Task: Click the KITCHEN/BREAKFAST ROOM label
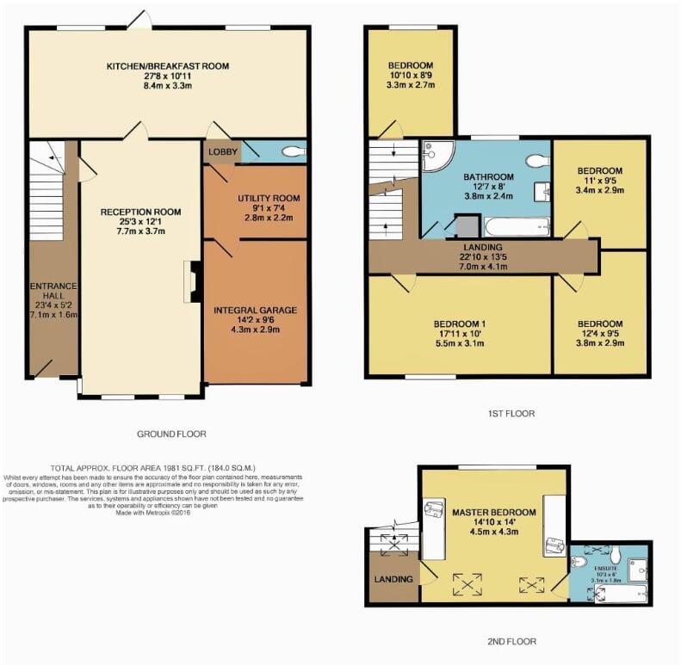[167, 66]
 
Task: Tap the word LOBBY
[221, 151]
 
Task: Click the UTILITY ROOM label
[269, 199]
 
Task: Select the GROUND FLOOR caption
[171, 434]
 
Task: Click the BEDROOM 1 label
[459, 324]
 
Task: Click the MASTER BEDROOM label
[494, 513]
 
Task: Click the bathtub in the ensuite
[623, 593]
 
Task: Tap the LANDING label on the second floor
[393, 579]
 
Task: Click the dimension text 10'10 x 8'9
[410, 76]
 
